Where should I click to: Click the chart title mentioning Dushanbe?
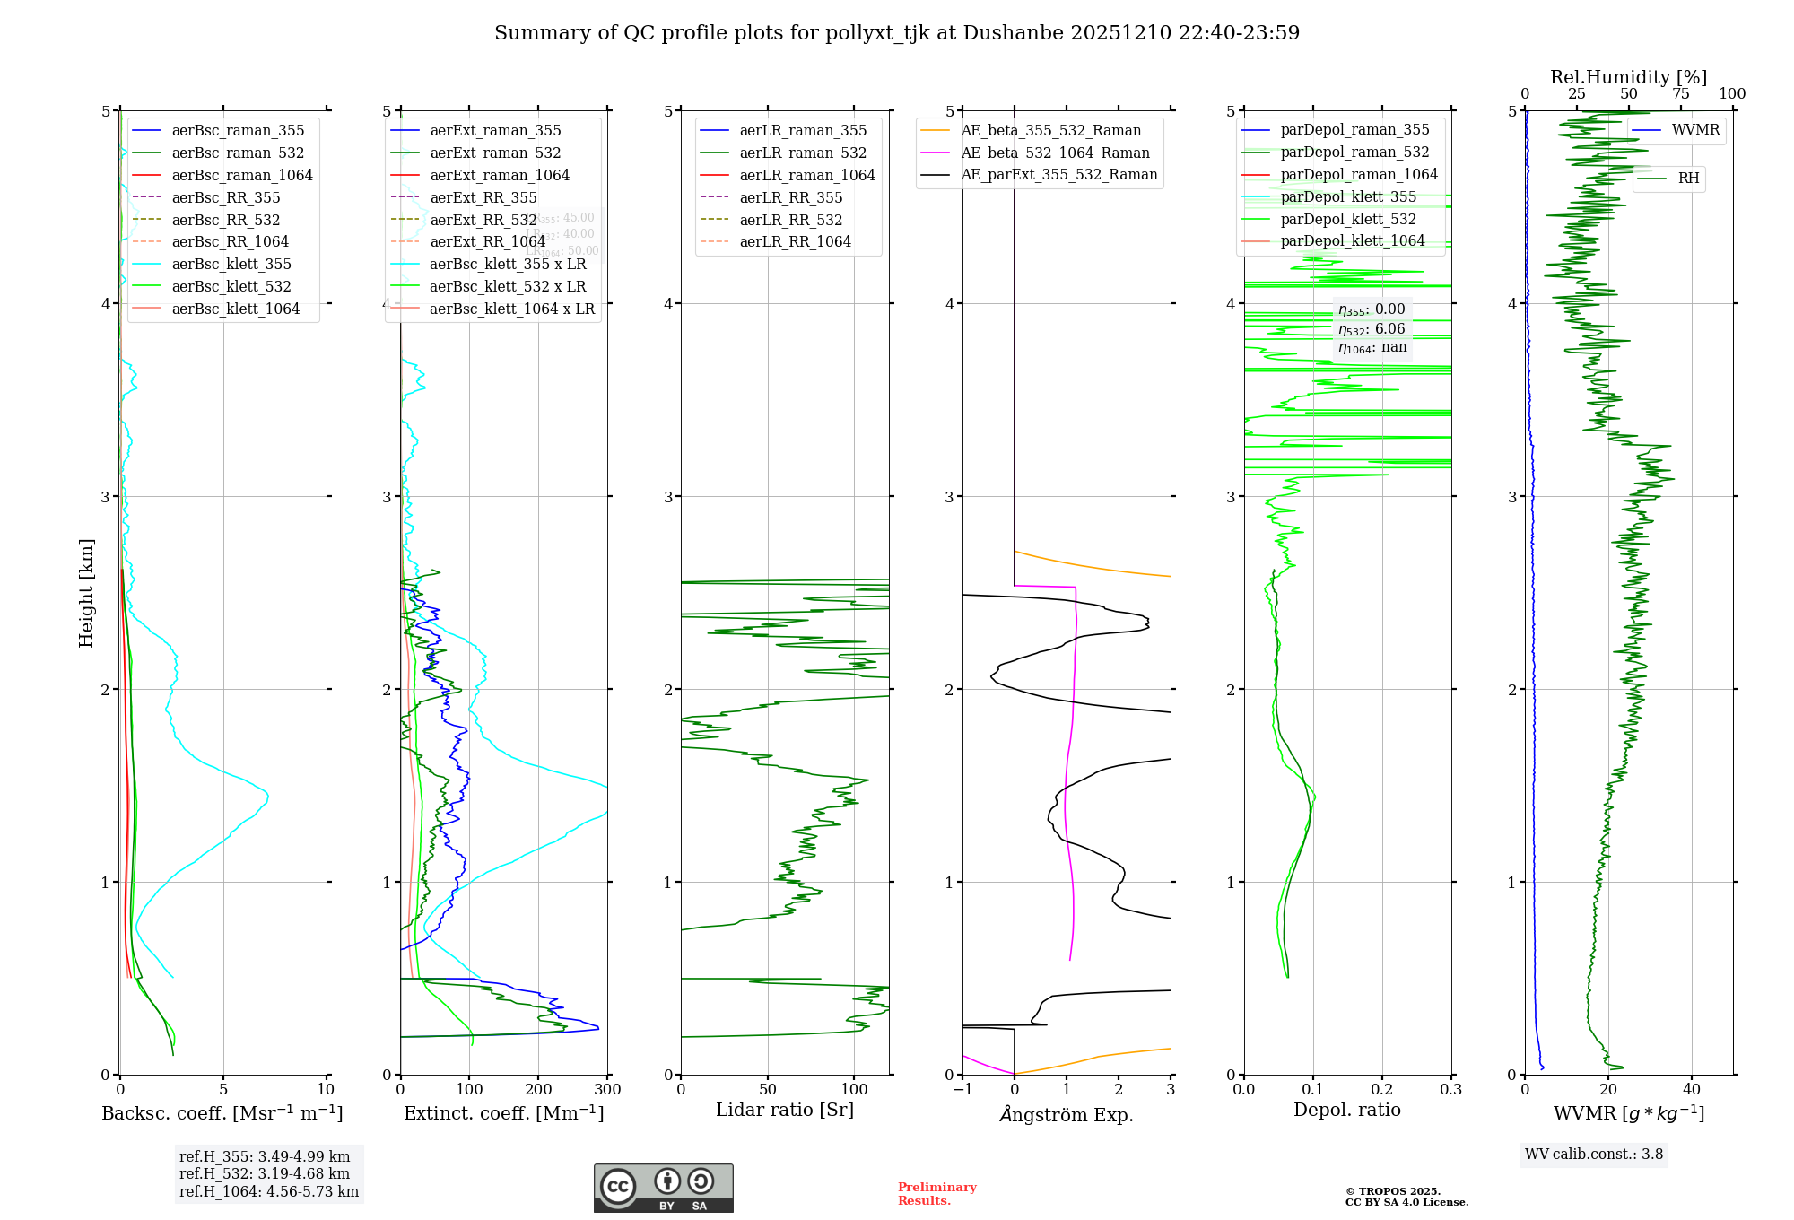pyautogui.click(x=897, y=33)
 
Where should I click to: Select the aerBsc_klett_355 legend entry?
pyautogui.click(x=231, y=264)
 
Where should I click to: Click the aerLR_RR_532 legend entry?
pyautogui.click(x=790, y=220)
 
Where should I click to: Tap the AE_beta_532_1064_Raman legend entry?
pyautogui.click(x=1055, y=152)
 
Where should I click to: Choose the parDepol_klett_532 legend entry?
pyautogui.click(x=1348, y=219)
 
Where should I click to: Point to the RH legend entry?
pyautogui.click(x=1688, y=179)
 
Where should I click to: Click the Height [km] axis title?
pyautogui.click(x=86, y=593)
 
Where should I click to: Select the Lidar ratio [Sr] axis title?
pyautogui.click(x=785, y=1110)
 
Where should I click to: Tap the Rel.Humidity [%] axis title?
pyautogui.click(x=1628, y=77)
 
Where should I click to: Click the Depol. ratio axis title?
pyautogui.click(x=1346, y=1110)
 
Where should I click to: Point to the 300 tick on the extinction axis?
pyautogui.click(x=608, y=1090)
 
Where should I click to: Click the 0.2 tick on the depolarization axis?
pyautogui.click(x=1382, y=1090)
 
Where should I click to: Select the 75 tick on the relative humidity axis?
pyautogui.click(x=1681, y=94)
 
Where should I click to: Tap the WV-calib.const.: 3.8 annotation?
pyautogui.click(x=1594, y=1155)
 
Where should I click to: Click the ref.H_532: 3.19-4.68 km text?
pyautogui.click(x=265, y=1174)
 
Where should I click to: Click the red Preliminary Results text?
pyautogui.click(x=936, y=1194)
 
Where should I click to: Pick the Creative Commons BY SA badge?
pyautogui.click(x=663, y=1189)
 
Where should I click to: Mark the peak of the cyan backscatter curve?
pyautogui.click(x=267, y=796)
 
